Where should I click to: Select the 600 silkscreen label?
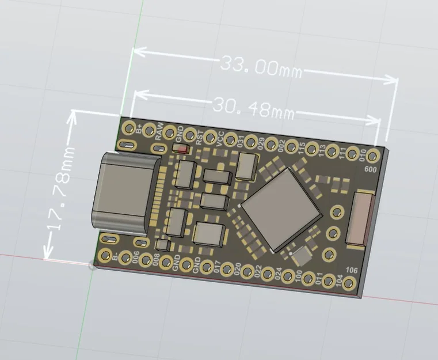click(371, 169)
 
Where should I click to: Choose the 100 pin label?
click(298, 276)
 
